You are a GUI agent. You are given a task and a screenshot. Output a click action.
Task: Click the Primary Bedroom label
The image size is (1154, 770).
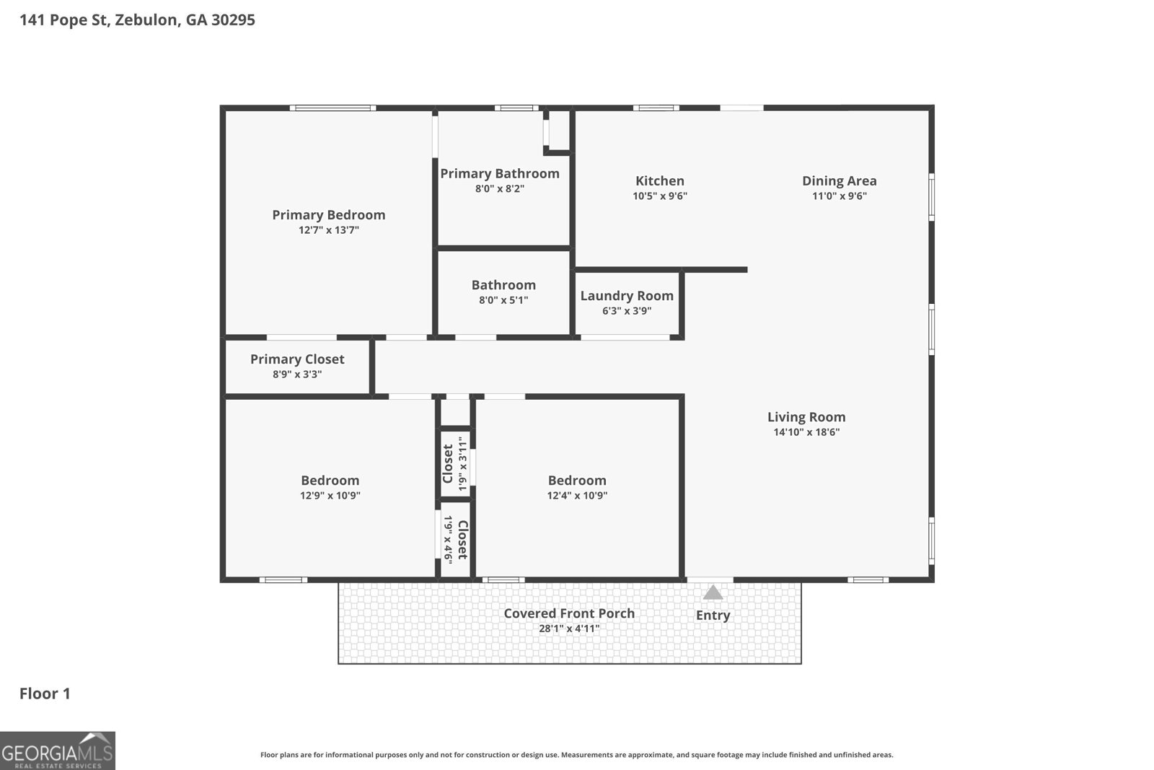(328, 215)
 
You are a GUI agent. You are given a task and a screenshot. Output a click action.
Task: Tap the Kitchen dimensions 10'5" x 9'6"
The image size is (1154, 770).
(660, 196)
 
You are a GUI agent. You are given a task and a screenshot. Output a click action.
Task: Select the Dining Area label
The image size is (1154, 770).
(839, 181)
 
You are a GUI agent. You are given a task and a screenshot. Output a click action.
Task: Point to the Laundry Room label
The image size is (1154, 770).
(627, 296)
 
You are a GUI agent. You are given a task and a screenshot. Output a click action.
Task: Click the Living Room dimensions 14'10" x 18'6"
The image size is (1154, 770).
(806, 432)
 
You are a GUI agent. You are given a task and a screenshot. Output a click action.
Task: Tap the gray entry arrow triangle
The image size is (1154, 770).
(713, 593)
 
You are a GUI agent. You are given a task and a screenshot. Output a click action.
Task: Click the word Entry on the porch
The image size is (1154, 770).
(713, 616)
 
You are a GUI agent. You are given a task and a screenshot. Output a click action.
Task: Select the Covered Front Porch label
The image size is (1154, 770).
(569, 613)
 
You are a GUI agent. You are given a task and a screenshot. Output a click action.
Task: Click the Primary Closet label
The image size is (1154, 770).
(297, 359)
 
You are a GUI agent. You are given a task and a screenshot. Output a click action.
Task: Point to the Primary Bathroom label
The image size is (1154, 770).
(500, 174)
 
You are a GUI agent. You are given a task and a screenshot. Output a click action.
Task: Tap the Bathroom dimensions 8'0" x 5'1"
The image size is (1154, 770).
(503, 300)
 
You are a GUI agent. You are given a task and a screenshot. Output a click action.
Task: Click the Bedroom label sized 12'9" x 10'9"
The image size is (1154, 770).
(330, 481)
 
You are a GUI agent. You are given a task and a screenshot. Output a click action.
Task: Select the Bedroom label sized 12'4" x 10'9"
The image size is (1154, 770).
(577, 481)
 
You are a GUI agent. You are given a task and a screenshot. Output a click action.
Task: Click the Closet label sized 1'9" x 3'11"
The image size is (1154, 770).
(448, 464)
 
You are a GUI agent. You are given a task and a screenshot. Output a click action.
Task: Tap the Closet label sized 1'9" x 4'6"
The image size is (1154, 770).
(462, 540)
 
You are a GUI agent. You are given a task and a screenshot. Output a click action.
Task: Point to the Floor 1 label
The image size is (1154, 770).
(45, 694)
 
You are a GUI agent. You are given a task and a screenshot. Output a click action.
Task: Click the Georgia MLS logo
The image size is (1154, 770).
(58, 751)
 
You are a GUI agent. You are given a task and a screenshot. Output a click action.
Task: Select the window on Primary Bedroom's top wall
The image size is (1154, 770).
(332, 108)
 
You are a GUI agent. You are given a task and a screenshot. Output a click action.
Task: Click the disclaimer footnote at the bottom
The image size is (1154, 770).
(576, 755)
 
